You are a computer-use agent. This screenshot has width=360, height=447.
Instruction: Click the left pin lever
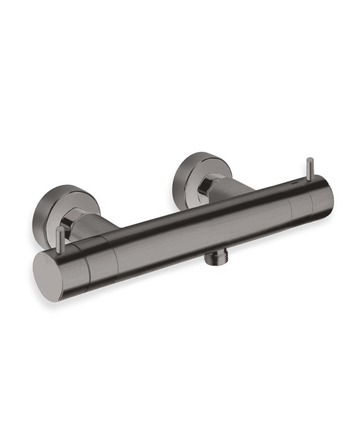pyautogui.click(x=60, y=239)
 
